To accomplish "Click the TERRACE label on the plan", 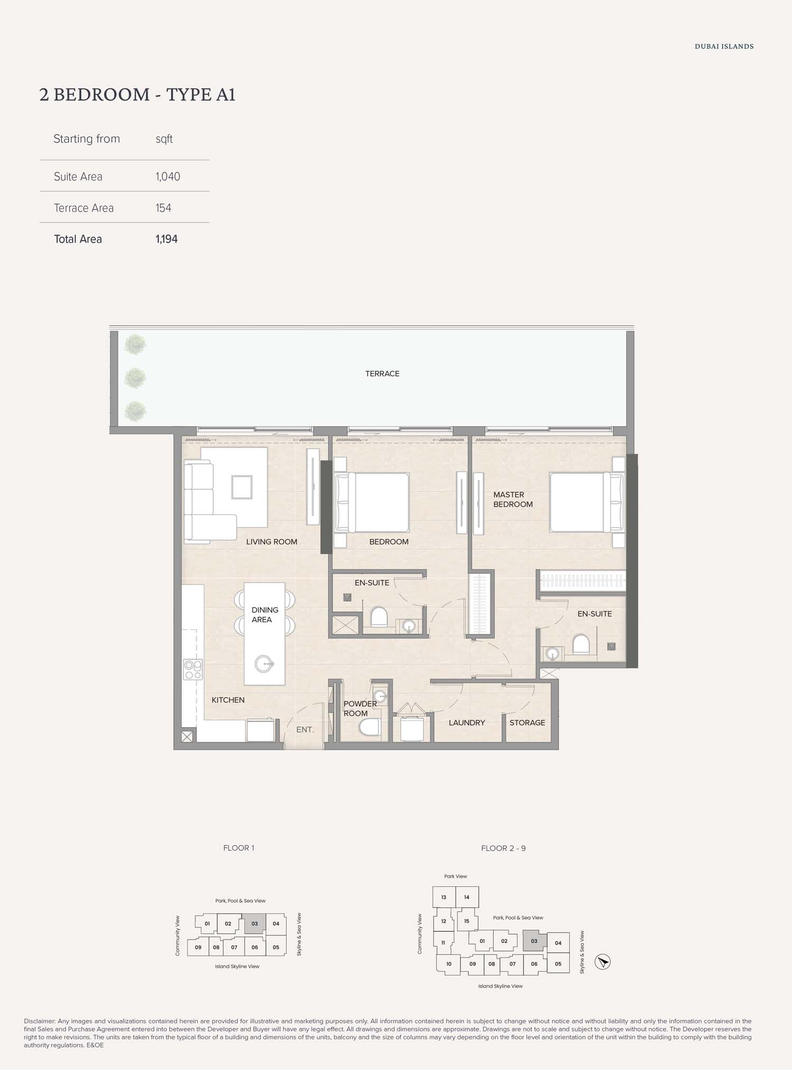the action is [382, 374].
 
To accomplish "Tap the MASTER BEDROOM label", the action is [513, 499].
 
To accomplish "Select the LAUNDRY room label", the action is [467, 723].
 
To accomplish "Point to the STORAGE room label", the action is [527, 723].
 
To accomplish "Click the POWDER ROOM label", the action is [360, 709].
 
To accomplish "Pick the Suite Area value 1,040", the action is [168, 177].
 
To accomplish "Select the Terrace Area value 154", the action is [164, 208].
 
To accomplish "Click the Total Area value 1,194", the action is [167, 239].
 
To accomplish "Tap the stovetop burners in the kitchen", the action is [193, 670].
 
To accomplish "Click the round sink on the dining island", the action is [263, 663].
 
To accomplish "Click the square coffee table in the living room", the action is [242, 487].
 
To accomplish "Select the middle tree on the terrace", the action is [135, 378].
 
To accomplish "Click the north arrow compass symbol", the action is [602, 962].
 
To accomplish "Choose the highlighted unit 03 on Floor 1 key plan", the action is [255, 924].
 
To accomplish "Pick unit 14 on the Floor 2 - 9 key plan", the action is [467, 897].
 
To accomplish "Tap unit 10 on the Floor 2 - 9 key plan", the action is [449, 964].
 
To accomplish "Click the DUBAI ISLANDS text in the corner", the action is [724, 46].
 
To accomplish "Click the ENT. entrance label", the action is [305, 730].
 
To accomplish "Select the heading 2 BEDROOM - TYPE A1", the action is [137, 94].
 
